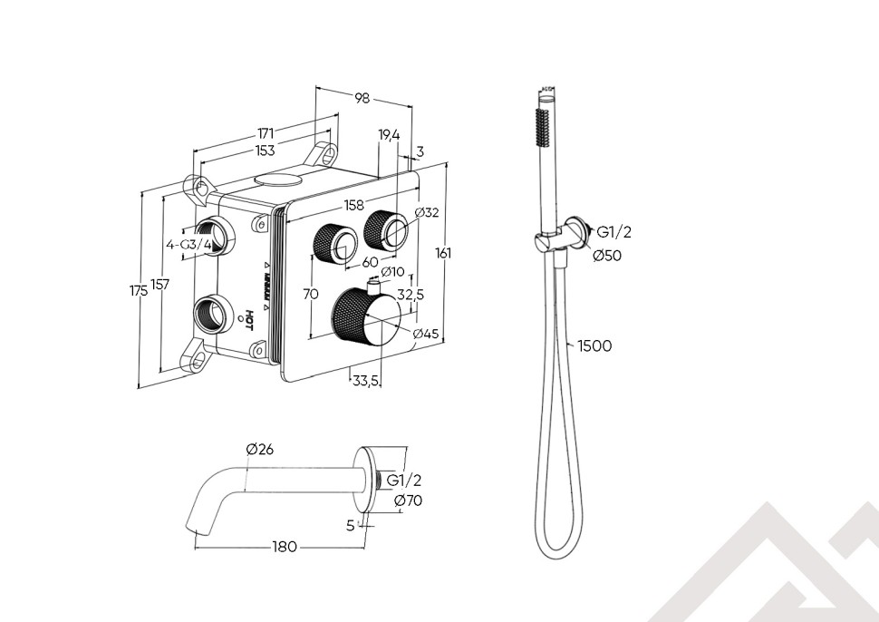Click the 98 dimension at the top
pos(362,98)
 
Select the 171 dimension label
pos(266,134)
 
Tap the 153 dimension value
pos(265,151)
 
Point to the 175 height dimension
pos(139,290)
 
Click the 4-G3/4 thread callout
pos(188,245)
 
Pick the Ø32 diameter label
pos(426,213)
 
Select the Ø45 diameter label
pos(426,334)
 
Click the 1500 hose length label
pos(594,345)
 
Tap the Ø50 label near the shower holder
pos(607,256)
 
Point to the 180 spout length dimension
pos(285,547)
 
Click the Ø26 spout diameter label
pos(259,449)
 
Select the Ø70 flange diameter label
pos(408,501)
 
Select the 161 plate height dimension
pos(443,254)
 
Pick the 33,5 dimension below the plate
pos(364,381)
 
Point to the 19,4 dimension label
pos(389,135)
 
